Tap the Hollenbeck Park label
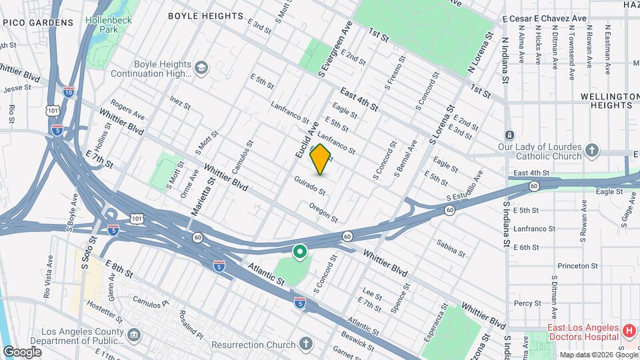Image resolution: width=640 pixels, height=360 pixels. click(x=111, y=25)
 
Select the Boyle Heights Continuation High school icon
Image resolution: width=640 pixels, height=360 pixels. click(x=201, y=67)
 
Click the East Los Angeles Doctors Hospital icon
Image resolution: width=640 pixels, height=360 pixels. click(x=627, y=331)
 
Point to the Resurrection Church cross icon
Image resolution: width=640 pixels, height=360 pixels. click(x=305, y=345)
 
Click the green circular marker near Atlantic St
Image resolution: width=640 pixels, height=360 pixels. click(x=300, y=252)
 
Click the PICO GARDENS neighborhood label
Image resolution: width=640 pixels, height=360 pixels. click(x=37, y=23)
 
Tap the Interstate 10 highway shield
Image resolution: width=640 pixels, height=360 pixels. click(x=69, y=92)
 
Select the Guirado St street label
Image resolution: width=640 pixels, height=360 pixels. click(x=310, y=186)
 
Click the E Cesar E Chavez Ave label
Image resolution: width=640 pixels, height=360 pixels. click(x=545, y=19)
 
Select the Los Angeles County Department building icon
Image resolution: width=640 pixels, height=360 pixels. click(x=134, y=333)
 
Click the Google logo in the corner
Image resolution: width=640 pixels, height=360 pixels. click(x=22, y=351)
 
